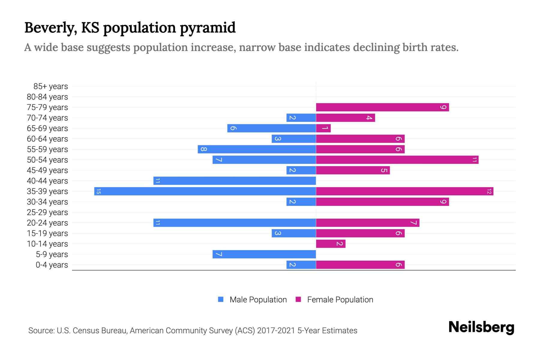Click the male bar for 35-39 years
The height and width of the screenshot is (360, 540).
(205, 191)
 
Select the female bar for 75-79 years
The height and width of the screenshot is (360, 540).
(382, 107)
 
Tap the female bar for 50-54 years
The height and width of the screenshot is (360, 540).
(397, 160)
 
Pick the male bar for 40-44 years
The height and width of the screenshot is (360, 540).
(235, 181)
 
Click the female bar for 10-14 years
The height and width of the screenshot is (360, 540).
(331, 244)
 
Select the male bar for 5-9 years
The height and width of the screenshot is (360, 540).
(264, 254)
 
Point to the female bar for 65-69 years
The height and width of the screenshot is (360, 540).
(323, 128)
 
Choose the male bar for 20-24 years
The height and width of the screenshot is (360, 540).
(235, 223)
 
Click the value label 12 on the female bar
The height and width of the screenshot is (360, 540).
(489, 191)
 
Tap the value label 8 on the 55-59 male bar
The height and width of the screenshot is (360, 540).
(203, 149)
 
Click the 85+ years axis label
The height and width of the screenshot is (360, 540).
(51, 86)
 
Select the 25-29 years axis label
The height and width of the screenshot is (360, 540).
(47, 212)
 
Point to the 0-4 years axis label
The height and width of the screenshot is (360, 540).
(52, 265)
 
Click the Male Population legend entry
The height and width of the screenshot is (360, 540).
(258, 300)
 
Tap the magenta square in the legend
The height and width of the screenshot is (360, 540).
(298, 299)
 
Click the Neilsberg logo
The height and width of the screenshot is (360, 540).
(481, 327)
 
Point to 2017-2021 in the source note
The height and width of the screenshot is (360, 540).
(276, 331)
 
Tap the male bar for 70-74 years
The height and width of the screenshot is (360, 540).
(301, 118)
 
